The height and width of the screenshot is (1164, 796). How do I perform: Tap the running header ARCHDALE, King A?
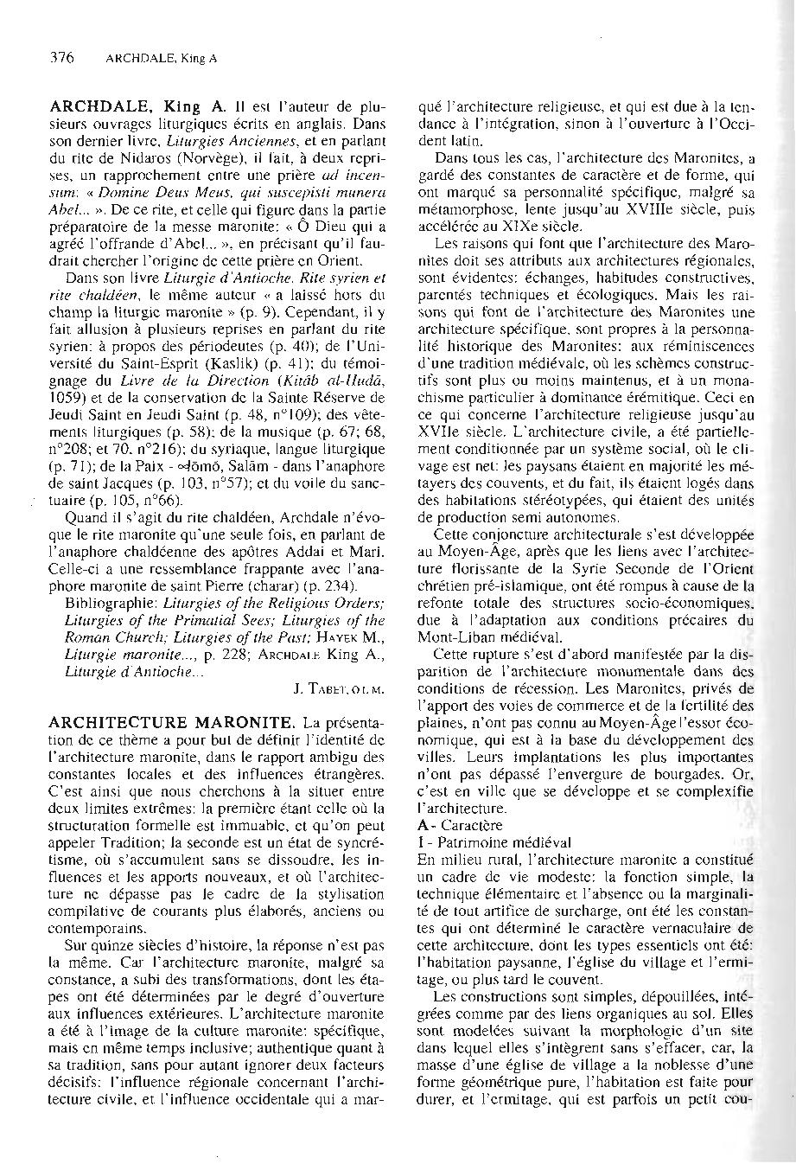click(x=161, y=60)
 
